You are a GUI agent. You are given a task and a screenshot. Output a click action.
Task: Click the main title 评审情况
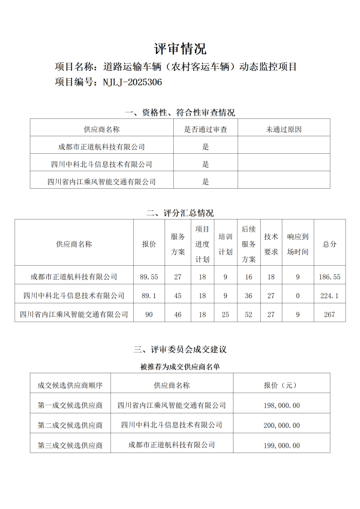180,49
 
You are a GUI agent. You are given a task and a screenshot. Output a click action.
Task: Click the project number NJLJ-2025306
132,82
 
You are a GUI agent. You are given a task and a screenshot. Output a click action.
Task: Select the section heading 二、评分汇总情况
180,213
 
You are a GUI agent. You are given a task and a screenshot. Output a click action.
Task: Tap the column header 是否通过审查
206,130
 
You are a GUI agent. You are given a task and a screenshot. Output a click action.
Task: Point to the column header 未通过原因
283,130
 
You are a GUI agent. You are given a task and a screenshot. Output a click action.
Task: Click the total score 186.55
330,277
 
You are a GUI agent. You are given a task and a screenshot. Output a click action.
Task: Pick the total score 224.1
330,296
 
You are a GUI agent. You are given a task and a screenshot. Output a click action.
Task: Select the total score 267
330,314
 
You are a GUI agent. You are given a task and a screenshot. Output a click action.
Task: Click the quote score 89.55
149,277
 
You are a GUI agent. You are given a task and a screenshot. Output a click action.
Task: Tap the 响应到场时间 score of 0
298,296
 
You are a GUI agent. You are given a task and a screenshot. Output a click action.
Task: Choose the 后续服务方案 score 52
249,314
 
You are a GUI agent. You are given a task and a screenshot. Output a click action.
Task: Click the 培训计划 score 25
225,314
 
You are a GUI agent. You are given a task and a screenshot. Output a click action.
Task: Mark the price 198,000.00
282,405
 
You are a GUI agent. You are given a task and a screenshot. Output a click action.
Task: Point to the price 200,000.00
282,425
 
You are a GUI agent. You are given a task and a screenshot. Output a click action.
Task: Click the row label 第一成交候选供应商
70,405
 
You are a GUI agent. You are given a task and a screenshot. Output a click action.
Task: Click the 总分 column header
330,244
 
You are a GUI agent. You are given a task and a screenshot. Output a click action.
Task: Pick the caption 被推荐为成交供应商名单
180,367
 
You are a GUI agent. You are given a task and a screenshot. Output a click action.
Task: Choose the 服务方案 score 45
178,296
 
